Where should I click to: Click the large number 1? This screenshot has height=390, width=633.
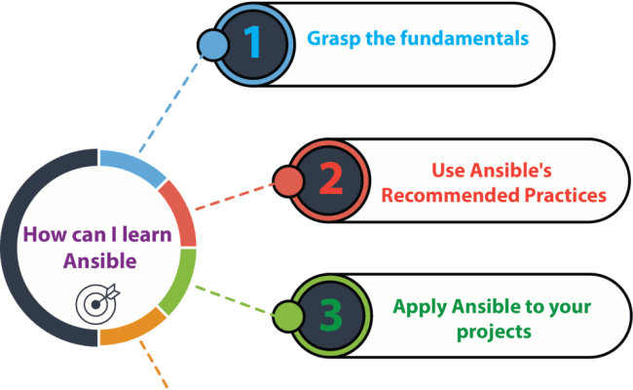252,42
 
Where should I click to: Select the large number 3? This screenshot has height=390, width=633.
331,316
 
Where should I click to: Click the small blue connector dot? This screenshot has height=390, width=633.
209,43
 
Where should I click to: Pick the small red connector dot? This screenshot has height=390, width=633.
287,180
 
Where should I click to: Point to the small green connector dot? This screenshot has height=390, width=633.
287,316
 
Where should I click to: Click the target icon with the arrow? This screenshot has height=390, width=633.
95,301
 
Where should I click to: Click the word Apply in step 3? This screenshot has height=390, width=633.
416,306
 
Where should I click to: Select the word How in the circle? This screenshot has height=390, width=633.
43,235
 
